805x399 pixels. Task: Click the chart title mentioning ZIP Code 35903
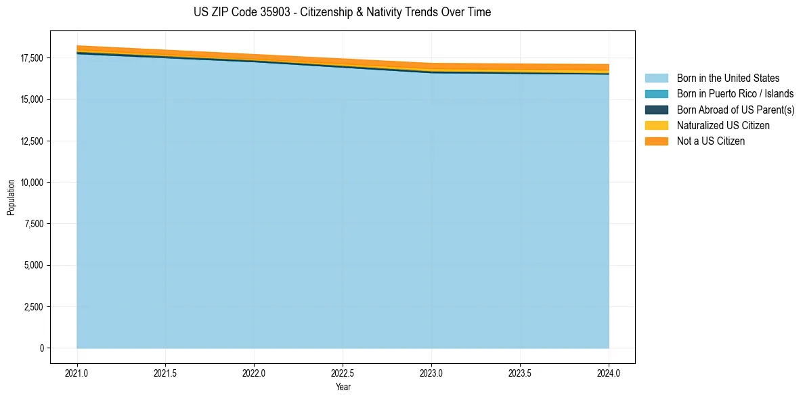click(341, 12)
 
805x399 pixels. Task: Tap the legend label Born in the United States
click(728, 78)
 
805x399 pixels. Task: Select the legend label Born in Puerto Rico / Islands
click(735, 94)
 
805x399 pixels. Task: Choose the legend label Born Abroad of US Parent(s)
click(735, 110)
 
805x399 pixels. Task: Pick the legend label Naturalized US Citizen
click(723, 126)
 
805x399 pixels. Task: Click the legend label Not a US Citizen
click(711, 141)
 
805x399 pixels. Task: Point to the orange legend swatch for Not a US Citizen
click(656, 141)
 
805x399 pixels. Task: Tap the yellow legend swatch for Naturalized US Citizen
click(656, 126)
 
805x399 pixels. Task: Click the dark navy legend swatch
click(656, 110)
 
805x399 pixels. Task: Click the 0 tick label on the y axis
click(41, 348)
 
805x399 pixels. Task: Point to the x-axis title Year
click(343, 387)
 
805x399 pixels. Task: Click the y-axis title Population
click(11, 197)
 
